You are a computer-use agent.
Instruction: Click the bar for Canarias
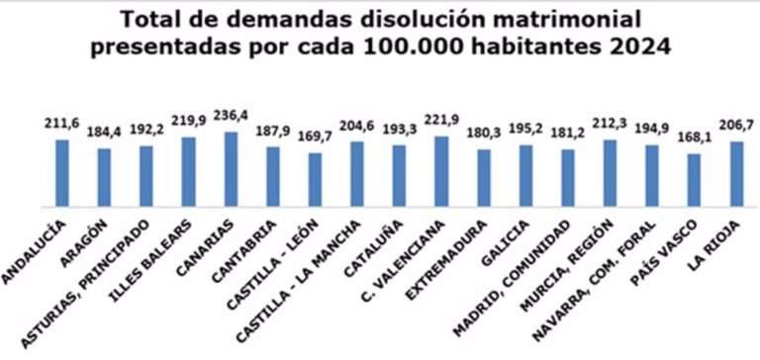pos(231,169)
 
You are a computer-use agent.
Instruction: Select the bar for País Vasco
pos(695,180)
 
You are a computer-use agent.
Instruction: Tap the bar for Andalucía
pos(61,173)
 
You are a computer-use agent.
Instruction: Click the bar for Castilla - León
pos(315,180)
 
